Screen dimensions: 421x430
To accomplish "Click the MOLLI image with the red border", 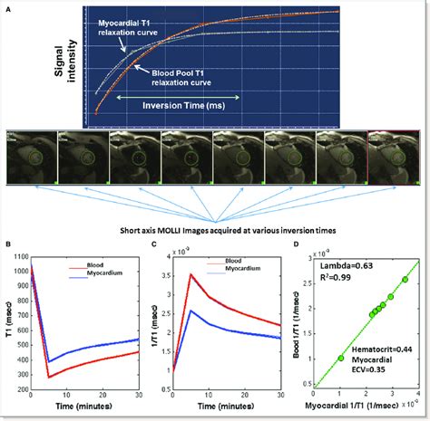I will [393, 155].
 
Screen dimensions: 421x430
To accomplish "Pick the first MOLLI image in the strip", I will [29, 155].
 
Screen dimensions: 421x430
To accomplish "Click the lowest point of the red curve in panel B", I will [47, 377].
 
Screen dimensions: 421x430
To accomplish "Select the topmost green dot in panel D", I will [405, 280].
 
